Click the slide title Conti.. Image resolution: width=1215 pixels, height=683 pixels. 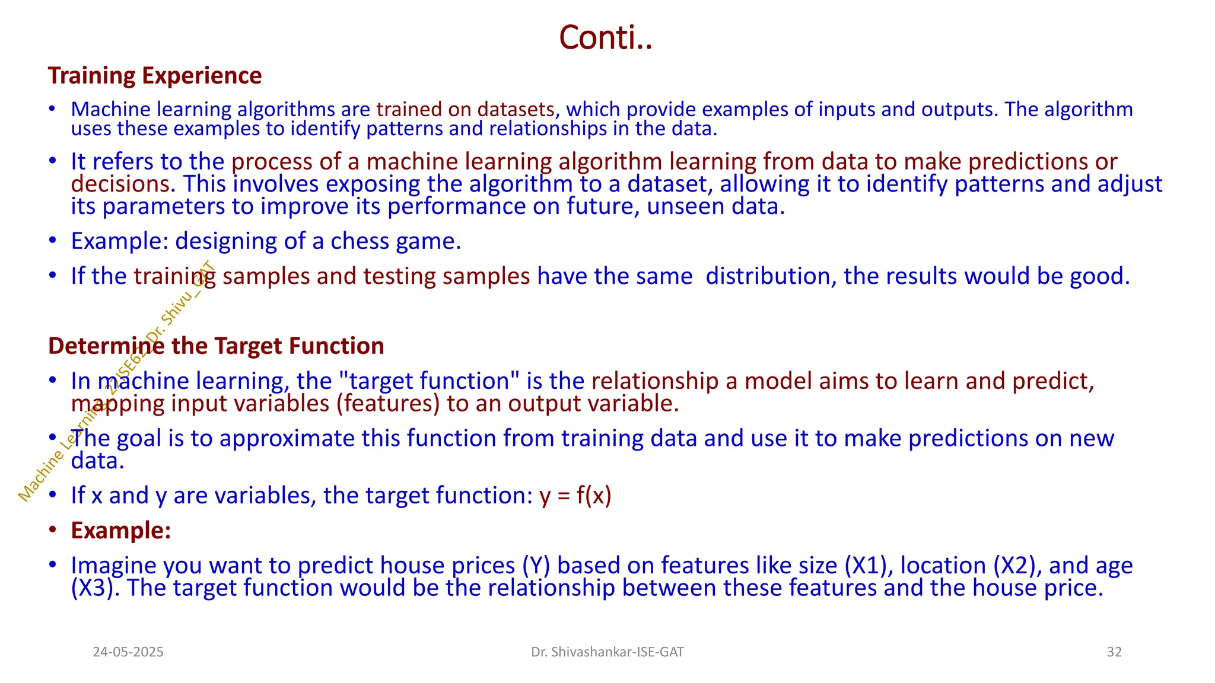point(605,38)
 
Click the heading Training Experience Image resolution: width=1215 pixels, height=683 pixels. point(155,76)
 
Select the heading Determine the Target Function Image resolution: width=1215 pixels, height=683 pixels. point(216,346)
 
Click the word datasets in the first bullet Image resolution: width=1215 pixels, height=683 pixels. point(516,110)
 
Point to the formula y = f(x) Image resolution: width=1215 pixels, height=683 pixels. point(575,496)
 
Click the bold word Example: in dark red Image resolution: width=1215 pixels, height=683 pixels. point(121,531)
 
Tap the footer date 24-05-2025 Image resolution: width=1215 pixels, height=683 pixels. point(128,652)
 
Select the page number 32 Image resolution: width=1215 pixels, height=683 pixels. point(1114,652)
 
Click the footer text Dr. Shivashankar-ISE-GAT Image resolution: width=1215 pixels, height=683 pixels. point(607,652)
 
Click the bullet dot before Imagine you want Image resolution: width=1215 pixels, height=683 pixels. point(53,564)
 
